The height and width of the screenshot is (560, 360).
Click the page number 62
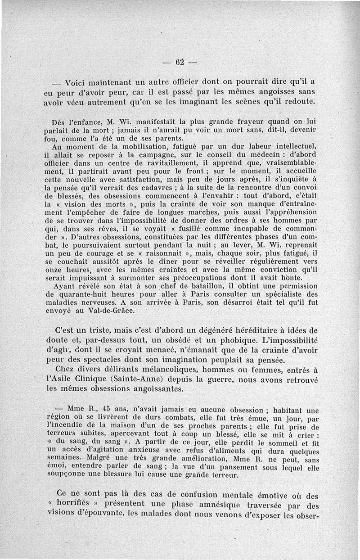180,62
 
